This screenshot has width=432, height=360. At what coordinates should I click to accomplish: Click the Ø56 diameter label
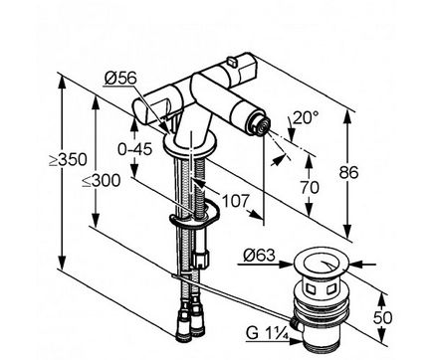pyautogui.click(x=120, y=79)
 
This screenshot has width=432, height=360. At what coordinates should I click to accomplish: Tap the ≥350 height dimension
pyautogui.click(x=69, y=160)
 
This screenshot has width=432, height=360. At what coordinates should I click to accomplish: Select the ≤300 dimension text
pyautogui.click(x=102, y=181)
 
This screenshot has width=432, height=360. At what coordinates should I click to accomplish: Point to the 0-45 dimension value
pyautogui.click(x=135, y=149)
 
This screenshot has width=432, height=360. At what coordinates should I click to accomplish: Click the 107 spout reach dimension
pyautogui.click(x=235, y=201)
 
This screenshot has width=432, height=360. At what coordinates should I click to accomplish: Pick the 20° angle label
pyautogui.click(x=306, y=117)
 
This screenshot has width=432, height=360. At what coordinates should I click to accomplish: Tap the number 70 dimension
pyautogui.click(x=310, y=187)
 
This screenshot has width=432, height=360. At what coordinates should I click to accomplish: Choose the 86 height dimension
pyautogui.click(x=349, y=172)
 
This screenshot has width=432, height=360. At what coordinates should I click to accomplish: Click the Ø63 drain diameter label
pyautogui.click(x=260, y=256)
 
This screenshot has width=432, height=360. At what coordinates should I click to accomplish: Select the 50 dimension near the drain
pyautogui.click(x=382, y=317)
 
